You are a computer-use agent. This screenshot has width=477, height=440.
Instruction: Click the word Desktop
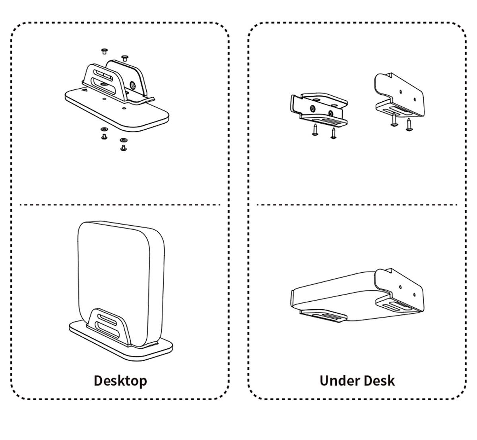pos(120,380)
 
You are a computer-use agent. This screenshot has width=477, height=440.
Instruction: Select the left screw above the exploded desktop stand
pos(105,51)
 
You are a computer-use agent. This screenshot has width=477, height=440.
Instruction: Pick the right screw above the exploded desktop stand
pos(124,58)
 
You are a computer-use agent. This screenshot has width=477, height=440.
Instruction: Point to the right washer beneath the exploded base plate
pos(123,140)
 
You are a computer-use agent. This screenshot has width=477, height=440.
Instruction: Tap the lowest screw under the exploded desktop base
pos(123,148)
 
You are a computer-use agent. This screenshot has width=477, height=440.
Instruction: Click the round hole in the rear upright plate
pos(132,84)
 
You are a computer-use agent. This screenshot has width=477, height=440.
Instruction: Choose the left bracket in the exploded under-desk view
pos(318,108)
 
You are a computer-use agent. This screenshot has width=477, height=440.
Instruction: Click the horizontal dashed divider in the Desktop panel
pos(119,205)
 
